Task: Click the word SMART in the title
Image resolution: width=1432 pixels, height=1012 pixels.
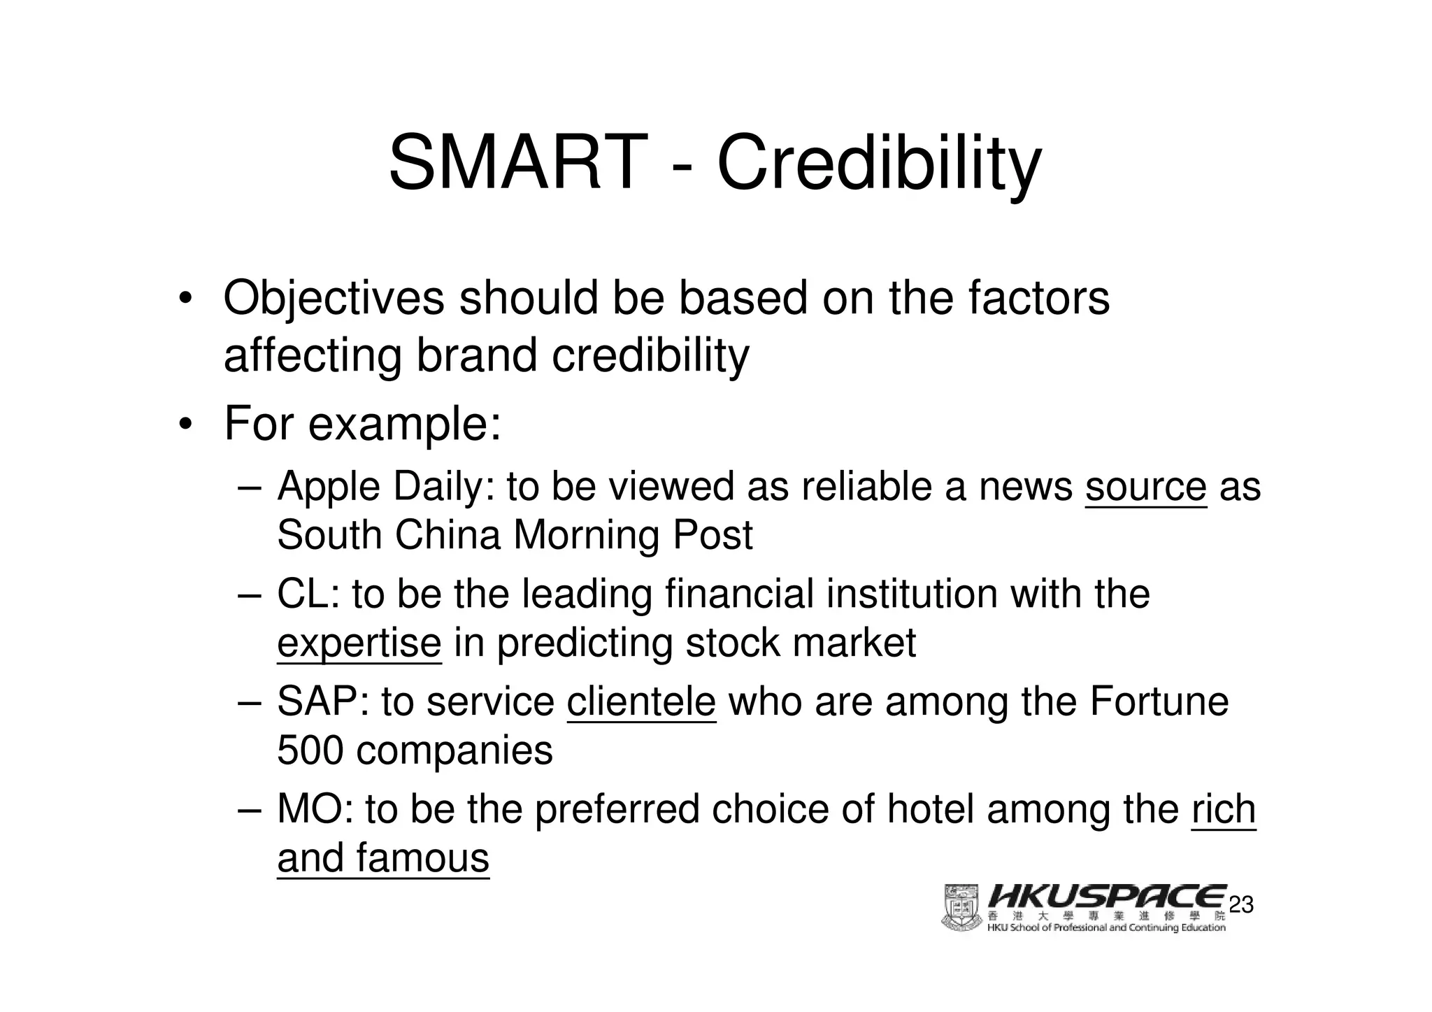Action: coord(515,163)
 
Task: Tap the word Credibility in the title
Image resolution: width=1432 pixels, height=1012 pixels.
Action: coord(879,164)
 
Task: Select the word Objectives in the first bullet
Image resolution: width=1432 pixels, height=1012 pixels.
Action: coord(334,299)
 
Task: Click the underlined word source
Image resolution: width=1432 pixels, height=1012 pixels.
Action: coord(1145,486)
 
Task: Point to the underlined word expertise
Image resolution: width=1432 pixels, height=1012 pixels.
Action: coord(359,643)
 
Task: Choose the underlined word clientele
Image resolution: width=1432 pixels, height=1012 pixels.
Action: coord(641,701)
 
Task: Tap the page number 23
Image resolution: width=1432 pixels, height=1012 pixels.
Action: coord(1241,905)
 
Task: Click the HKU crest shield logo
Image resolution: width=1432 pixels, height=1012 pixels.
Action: coord(962,907)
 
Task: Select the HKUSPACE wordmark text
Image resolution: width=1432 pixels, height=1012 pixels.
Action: coord(1108,897)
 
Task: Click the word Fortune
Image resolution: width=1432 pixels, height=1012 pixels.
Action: coord(1159,701)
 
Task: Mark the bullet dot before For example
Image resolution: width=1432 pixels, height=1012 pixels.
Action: coord(185,425)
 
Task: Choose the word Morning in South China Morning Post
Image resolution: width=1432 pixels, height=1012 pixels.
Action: coord(586,536)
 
